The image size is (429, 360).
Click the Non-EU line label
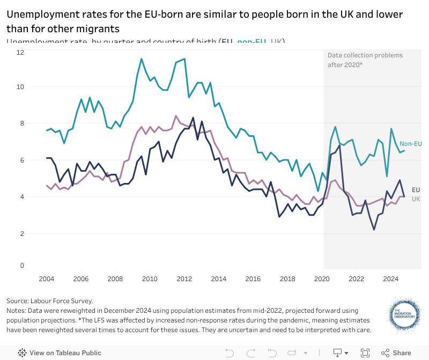pyautogui.click(x=411, y=144)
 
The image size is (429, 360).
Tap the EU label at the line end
pyautogui.click(x=416, y=190)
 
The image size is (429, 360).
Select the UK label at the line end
pyautogui.click(x=416, y=199)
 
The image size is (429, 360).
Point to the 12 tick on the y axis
pyautogui.click(x=20, y=53)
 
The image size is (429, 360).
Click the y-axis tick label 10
pyautogui.click(x=20, y=87)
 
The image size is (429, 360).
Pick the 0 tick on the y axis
pyautogui.click(x=21, y=266)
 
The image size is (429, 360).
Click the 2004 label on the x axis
pyautogui.click(x=47, y=279)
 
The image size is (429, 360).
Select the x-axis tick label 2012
pyautogui.click(x=184, y=279)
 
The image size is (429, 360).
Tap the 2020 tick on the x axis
pyautogui.click(x=322, y=279)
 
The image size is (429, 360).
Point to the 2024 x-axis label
pyautogui.click(x=391, y=279)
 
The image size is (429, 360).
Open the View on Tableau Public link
pyautogui.click(x=60, y=353)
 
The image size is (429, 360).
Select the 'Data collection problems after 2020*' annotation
pyautogui.click(x=365, y=60)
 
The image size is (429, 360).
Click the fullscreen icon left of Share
pyautogui.click(x=365, y=353)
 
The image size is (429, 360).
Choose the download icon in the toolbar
pyautogui.click(x=338, y=353)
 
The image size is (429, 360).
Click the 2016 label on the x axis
pyautogui.click(x=253, y=279)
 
